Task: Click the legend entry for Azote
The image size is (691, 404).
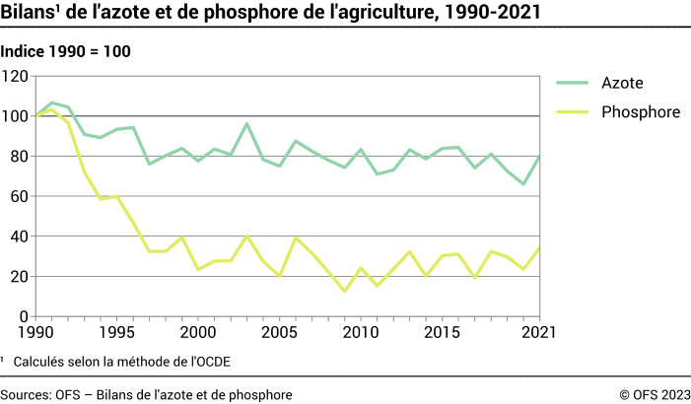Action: pos(623,83)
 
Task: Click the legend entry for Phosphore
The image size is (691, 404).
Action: pos(640,112)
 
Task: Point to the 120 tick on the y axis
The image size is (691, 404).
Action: pos(16,77)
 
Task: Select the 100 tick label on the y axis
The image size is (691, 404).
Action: pos(16,116)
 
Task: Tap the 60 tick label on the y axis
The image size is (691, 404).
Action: pos(20,197)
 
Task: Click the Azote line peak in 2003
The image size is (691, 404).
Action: pos(247,124)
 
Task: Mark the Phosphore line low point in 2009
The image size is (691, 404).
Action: pos(344,292)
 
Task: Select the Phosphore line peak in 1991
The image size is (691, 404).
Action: pos(52,108)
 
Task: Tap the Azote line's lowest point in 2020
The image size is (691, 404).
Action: pos(523,184)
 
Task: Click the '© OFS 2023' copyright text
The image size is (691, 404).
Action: pos(654,394)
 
